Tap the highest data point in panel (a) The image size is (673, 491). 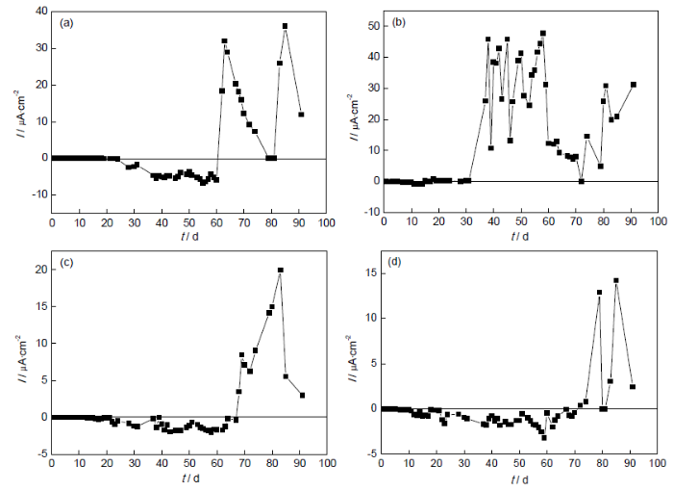click(285, 26)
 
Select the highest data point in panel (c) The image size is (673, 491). click(280, 271)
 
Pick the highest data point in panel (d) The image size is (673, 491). click(615, 281)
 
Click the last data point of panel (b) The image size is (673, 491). click(633, 84)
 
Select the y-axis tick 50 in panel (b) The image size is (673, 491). click(369, 26)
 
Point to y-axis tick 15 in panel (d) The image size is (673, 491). click(370, 272)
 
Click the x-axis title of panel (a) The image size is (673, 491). click(188, 236)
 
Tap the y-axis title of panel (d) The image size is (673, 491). click(347, 359)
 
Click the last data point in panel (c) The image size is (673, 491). click(302, 395)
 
